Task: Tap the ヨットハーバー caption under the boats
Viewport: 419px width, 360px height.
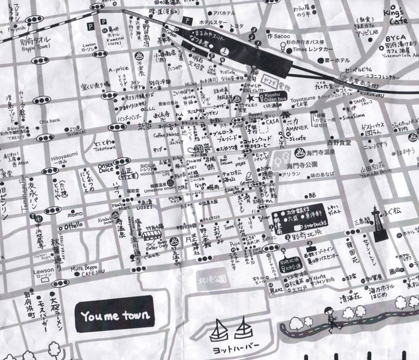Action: [x=230, y=347]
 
